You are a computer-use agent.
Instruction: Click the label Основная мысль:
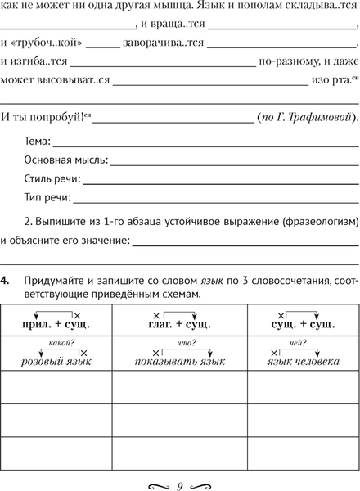point(65,160)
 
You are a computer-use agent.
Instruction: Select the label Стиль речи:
point(52,179)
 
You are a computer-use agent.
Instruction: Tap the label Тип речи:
point(47,197)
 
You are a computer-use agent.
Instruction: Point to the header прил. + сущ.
point(56,326)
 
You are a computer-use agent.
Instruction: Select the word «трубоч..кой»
point(39,40)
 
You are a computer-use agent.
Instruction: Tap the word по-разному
point(287,60)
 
